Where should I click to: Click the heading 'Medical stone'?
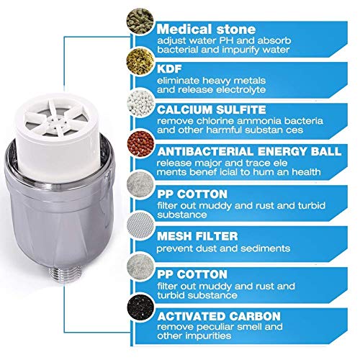pyautogui.click(x=206, y=29)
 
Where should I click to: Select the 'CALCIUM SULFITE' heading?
pyautogui.click(x=212, y=110)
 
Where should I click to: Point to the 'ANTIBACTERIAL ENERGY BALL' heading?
pyautogui.click(x=249, y=151)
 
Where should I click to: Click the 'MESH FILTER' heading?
pyautogui.click(x=197, y=236)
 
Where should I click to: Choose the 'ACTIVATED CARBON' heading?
pyautogui.click(x=219, y=316)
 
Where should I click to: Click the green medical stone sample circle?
pyautogui.click(x=140, y=21)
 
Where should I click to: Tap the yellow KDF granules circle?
pyautogui.click(x=140, y=61)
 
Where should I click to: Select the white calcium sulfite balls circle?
pyautogui.click(x=140, y=103)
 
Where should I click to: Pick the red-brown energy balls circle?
pyautogui.click(x=140, y=144)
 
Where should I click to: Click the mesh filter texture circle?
pyautogui.click(x=140, y=225)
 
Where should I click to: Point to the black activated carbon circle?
pyautogui.click(x=140, y=308)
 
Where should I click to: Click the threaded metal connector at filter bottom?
pyautogui.click(x=64, y=274)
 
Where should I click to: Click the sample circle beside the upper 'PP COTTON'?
pyautogui.click(x=140, y=184)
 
